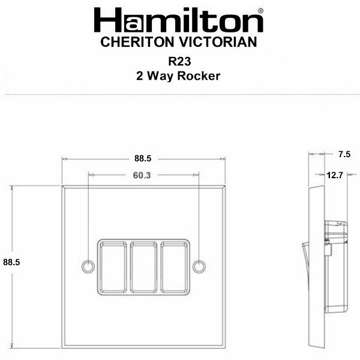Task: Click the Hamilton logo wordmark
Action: click(x=178, y=20)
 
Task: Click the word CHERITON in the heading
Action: click(x=137, y=42)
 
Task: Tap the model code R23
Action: click(x=179, y=62)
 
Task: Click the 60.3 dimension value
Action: click(x=142, y=175)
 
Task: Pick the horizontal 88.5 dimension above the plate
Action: click(x=143, y=158)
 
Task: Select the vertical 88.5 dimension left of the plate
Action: click(x=11, y=262)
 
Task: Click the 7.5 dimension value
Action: click(x=344, y=154)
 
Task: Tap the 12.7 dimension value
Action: click(x=335, y=175)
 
